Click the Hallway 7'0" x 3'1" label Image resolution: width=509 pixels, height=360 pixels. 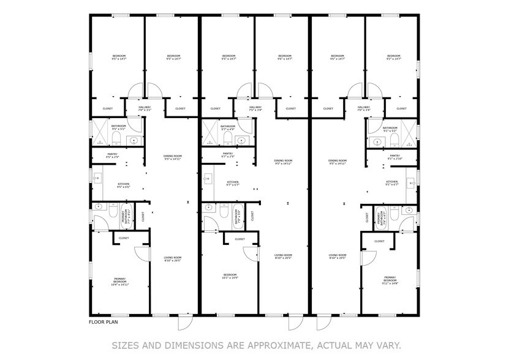145,109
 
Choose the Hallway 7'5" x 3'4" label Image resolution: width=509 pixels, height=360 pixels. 255,109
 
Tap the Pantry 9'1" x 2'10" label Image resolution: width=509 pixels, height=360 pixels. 394,157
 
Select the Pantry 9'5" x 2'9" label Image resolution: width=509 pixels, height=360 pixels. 113,156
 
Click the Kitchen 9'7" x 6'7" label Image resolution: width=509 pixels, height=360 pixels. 233,183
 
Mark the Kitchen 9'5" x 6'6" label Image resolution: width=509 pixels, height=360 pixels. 123,185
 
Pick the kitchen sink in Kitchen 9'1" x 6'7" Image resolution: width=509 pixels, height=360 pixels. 412,181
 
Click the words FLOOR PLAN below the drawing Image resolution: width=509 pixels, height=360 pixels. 103,321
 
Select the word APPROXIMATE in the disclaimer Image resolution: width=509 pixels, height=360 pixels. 278,344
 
